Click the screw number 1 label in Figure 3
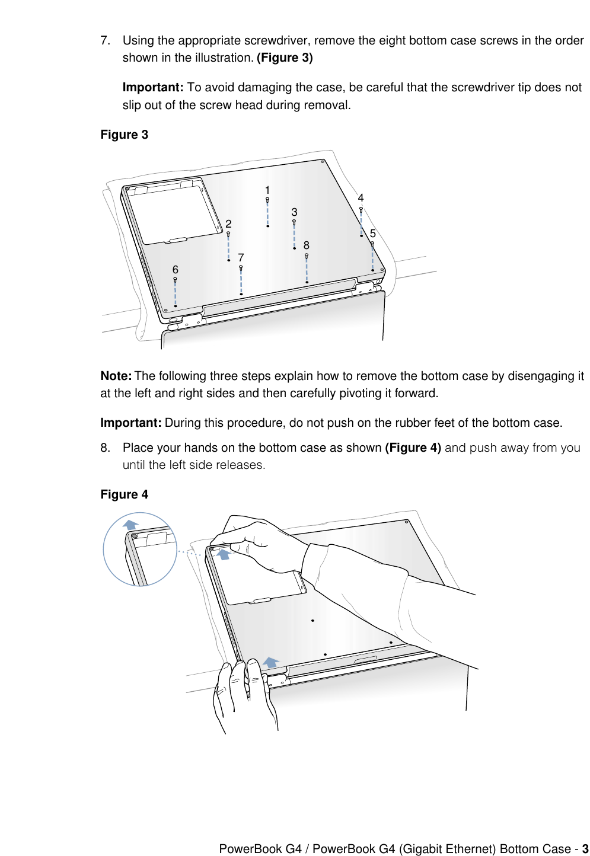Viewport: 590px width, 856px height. [x=267, y=190]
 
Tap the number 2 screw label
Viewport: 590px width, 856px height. [x=228, y=224]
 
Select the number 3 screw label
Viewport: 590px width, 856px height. [x=294, y=212]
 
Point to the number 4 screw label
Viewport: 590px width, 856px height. [x=361, y=198]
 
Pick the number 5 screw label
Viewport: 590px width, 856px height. [x=373, y=234]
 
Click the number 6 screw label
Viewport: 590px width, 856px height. [x=176, y=270]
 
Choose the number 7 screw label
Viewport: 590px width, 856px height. [x=241, y=258]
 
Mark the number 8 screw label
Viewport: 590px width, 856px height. [x=307, y=245]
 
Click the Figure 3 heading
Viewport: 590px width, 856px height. [x=124, y=135]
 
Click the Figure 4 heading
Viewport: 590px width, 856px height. [x=124, y=494]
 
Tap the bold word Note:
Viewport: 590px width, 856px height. [x=116, y=376]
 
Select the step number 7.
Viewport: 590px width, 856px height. [x=105, y=40]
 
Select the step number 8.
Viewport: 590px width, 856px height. [x=105, y=448]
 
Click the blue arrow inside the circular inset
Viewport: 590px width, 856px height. [x=130, y=525]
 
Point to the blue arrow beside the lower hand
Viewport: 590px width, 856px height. [x=271, y=662]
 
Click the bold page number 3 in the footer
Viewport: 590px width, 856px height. [x=585, y=849]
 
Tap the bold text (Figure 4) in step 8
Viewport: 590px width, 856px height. [x=413, y=448]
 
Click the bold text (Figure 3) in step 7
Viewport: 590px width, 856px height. [x=285, y=58]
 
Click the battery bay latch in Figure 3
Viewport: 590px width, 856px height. [x=178, y=240]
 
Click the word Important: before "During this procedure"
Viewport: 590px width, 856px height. [x=130, y=423]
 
